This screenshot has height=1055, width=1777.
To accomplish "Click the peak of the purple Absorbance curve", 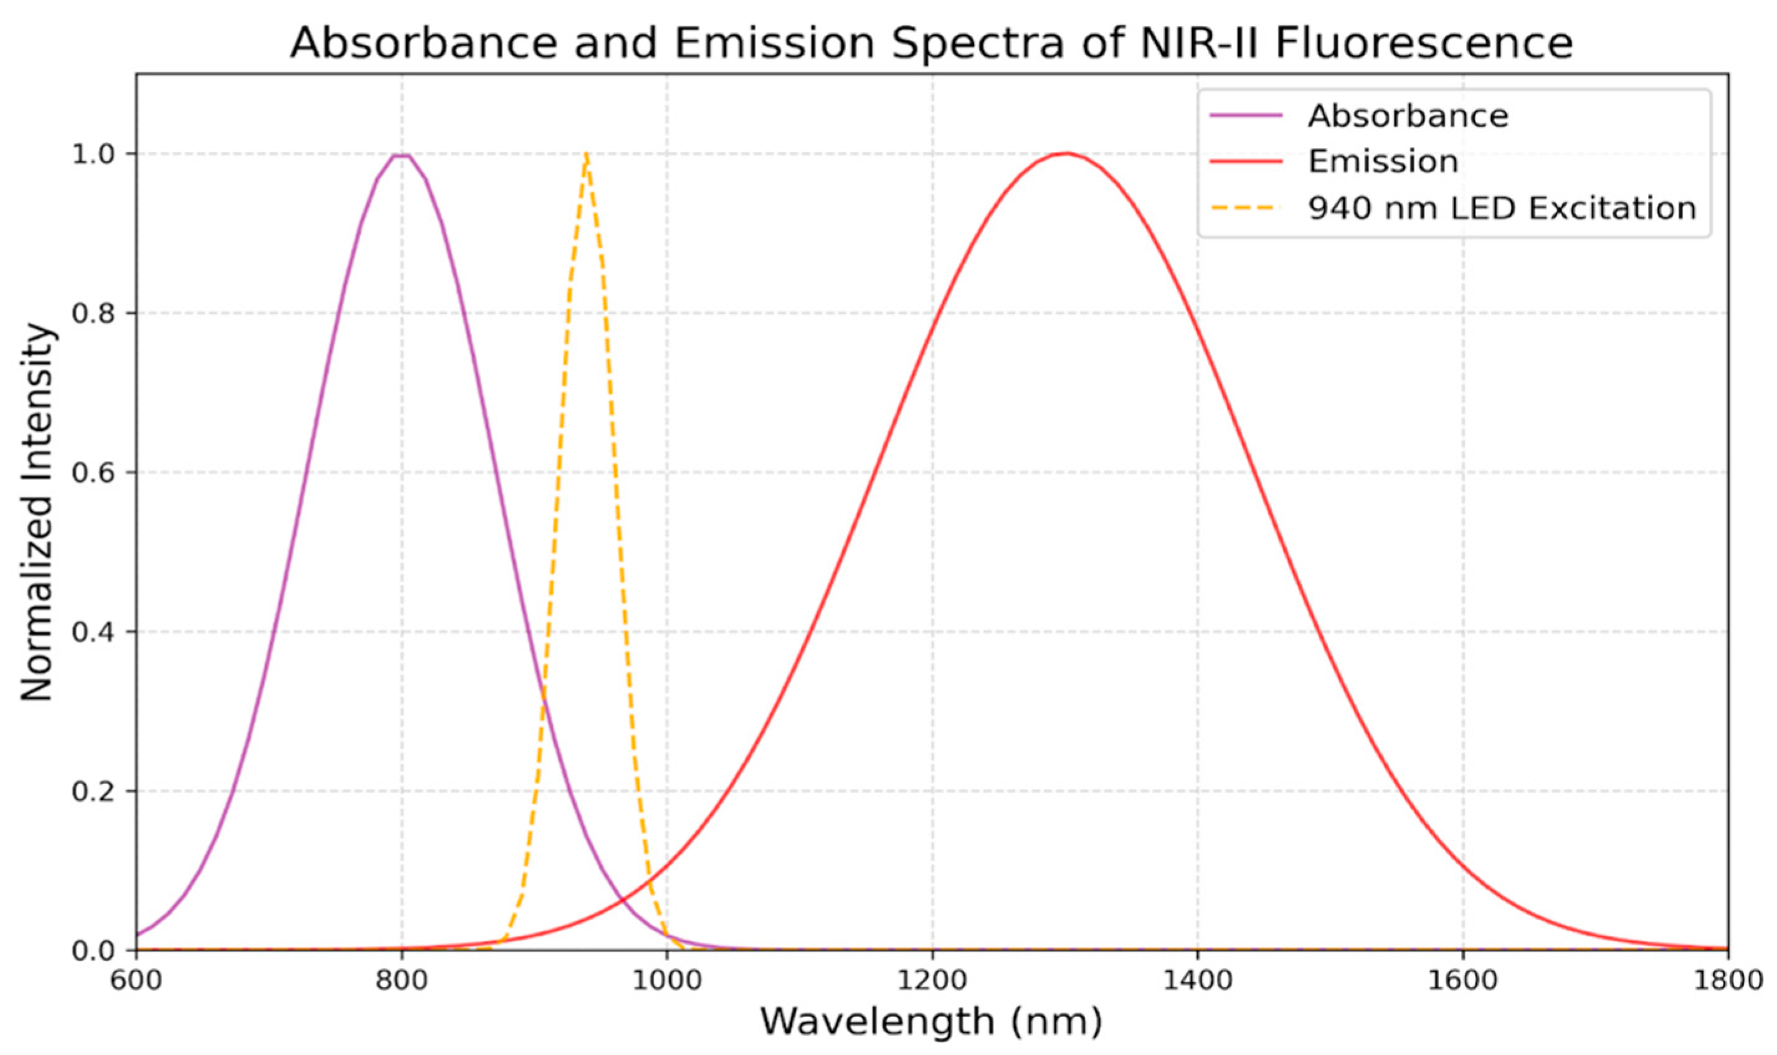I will pyautogui.click(x=402, y=155).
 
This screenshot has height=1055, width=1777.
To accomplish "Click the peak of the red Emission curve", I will pyautogui.click(x=1066, y=153).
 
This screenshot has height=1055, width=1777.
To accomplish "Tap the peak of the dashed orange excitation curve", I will pyautogui.click(x=585, y=154).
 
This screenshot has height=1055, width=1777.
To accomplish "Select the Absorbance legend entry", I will pyautogui.click(x=1408, y=115).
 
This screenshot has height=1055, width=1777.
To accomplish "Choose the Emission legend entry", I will pyautogui.click(x=1383, y=161).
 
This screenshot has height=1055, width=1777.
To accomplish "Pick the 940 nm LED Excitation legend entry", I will pyautogui.click(x=1502, y=207).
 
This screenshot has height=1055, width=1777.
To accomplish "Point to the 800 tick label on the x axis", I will pyautogui.click(x=402, y=981).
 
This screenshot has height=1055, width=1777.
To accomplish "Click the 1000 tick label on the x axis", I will pyautogui.click(x=666, y=981).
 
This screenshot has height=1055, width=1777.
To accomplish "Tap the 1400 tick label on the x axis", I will pyautogui.click(x=1198, y=981).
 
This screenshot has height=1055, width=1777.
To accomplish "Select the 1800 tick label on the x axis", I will pyautogui.click(x=1727, y=981).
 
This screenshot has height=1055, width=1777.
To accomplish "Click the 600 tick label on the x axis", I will pyautogui.click(x=136, y=981).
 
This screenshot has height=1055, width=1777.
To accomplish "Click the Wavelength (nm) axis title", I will pyautogui.click(x=931, y=1021).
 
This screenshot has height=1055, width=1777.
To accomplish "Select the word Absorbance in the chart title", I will pyautogui.click(x=424, y=44).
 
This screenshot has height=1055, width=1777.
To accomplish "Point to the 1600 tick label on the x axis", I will pyautogui.click(x=1463, y=981).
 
